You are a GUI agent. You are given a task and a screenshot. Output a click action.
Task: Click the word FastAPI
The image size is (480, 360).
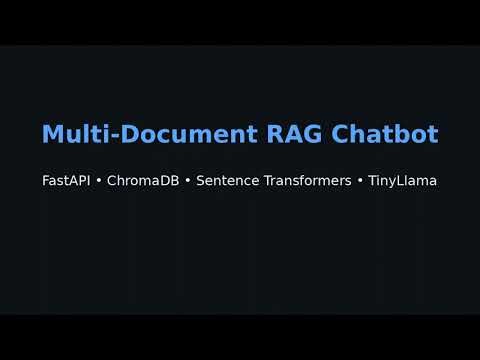(66, 181)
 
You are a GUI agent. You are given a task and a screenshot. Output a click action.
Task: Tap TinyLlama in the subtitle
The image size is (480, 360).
(402, 181)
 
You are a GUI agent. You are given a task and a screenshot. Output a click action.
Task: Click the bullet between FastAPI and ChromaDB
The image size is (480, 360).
(98, 181)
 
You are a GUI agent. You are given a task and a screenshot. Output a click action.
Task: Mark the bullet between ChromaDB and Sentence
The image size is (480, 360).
(188, 181)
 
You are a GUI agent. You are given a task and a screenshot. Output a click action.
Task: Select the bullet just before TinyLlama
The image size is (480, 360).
(360, 181)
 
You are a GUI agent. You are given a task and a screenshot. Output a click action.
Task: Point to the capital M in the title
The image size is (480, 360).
(51, 133)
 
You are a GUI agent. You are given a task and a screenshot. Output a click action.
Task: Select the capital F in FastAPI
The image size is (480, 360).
(46, 181)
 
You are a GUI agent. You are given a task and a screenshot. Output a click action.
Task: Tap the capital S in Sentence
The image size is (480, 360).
(200, 181)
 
